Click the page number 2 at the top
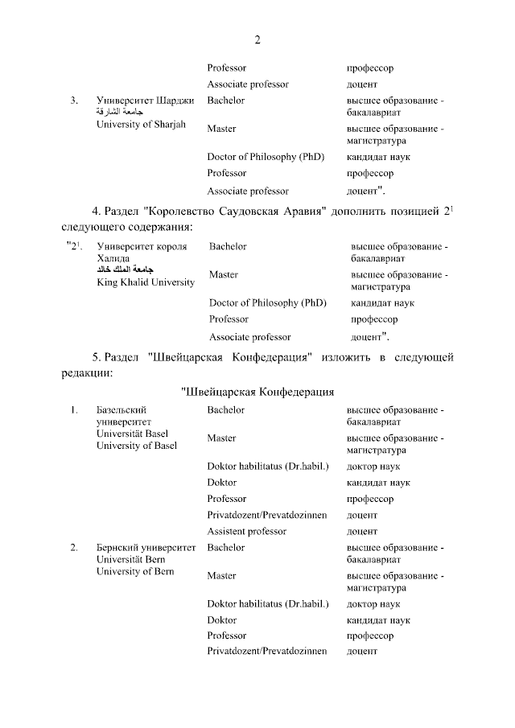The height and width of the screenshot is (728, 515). pos(257,40)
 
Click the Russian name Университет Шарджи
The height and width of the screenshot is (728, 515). pos(145,101)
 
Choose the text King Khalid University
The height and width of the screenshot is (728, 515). pos(146,282)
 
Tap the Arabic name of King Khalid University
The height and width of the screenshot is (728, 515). pos(124,270)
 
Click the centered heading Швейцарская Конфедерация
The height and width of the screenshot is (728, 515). pos(257,392)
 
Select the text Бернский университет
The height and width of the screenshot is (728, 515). pos(146,547)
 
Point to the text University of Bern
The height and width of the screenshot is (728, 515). pos(134,571)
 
